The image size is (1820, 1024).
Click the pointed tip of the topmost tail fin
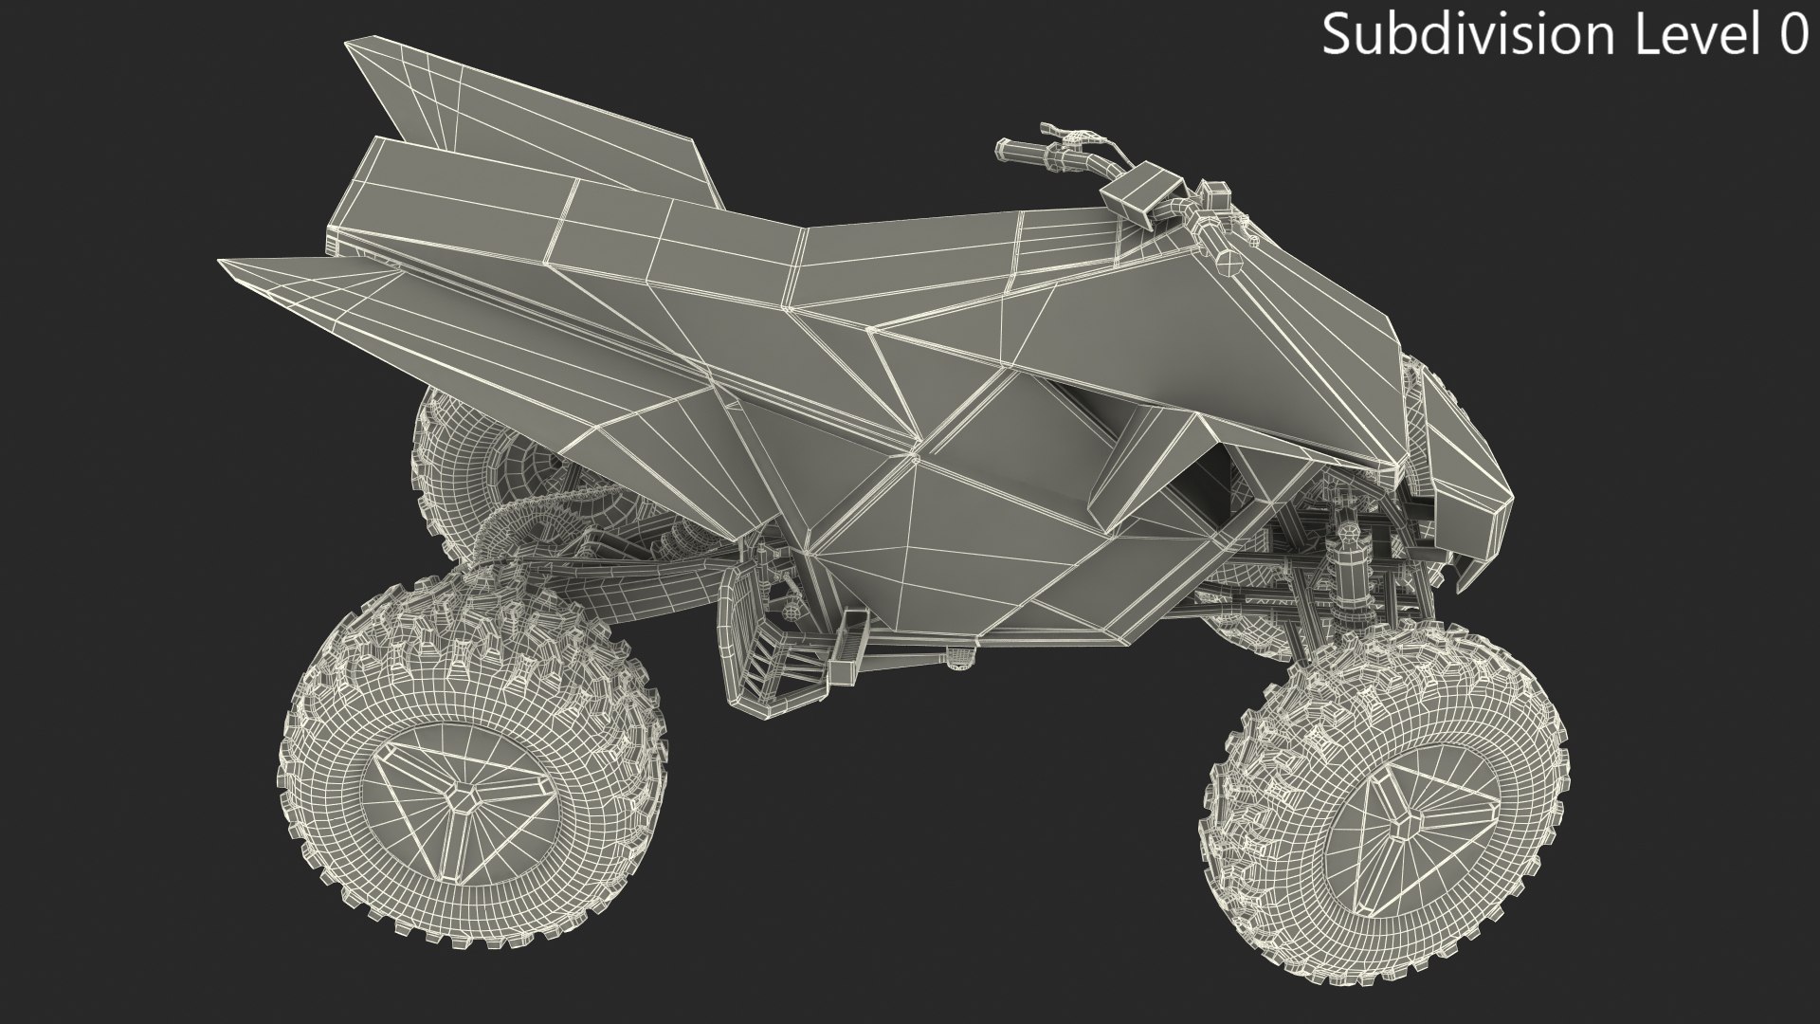(350, 45)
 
